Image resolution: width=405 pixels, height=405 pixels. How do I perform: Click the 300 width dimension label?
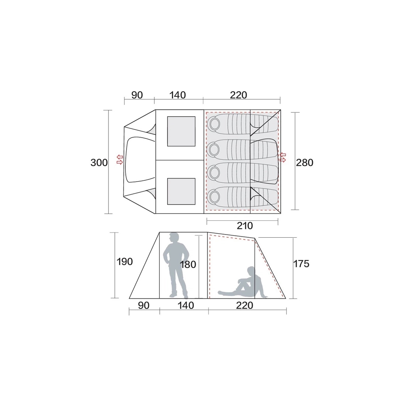point(99,163)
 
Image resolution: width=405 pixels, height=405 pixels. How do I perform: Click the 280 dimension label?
point(305,163)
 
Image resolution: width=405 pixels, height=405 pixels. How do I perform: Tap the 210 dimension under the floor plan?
point(244,226)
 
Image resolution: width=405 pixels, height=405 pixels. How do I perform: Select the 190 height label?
point(125,262)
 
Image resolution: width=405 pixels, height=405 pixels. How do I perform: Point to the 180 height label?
point(188,265)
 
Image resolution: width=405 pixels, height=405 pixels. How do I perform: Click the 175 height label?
point(301,264)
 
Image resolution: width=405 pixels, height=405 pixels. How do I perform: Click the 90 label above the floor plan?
point(137,95)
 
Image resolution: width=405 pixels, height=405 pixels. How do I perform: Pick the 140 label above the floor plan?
point(178,95)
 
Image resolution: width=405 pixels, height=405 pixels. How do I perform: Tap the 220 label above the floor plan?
point(238,95)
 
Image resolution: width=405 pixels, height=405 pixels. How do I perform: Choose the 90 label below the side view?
point(144,306)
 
